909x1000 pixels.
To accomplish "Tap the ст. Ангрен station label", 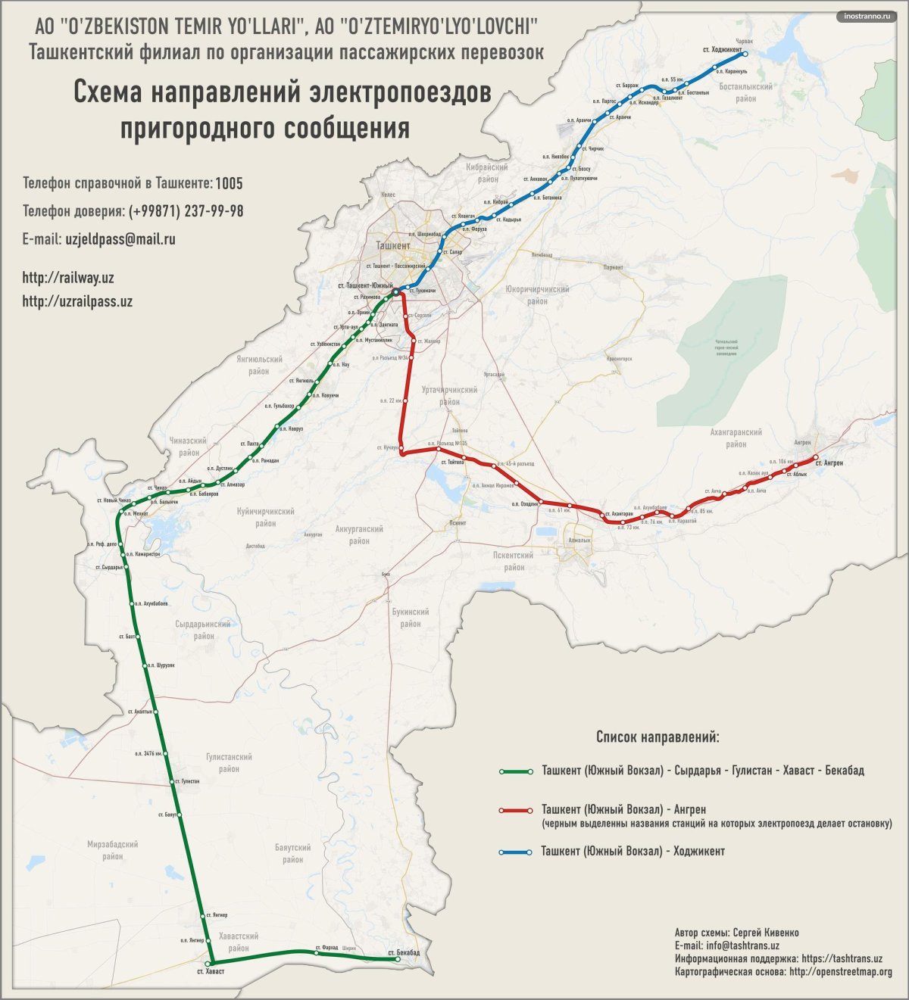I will click(829, 463).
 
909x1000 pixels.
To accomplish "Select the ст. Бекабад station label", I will click(403, 952).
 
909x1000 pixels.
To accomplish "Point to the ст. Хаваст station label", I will click(211, 971).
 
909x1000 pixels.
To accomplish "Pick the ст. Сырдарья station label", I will click(109, 567).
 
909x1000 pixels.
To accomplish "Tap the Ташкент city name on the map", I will click(393, 245).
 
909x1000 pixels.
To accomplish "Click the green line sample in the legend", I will click(515, 771).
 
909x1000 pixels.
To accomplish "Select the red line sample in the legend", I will click(515, 811).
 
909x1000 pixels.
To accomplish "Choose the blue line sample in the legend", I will click(515, 852).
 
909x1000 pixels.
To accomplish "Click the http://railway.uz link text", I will click(68, 279).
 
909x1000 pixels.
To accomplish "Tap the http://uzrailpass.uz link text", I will click(77, 301).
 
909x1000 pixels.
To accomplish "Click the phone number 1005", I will click(229, 184).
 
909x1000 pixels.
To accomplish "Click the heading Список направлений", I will click(658, 737).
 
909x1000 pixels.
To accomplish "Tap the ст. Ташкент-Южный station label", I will click(368, 286).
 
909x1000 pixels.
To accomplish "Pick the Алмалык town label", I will click(579, 540).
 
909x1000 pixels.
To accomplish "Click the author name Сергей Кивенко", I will click(766, 933).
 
